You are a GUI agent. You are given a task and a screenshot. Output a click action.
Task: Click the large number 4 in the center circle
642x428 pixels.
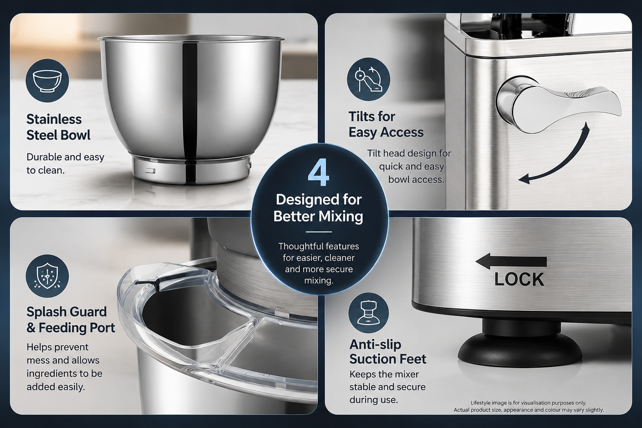[318, 174]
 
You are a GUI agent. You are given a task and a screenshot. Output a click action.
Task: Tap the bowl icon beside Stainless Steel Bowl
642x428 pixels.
[47, 81]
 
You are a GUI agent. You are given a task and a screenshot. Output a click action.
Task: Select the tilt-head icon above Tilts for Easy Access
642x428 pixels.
[369, 79]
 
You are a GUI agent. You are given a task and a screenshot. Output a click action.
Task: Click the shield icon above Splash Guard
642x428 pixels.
[47, 277]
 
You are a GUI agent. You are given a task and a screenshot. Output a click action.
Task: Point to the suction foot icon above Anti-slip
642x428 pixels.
[369, 313]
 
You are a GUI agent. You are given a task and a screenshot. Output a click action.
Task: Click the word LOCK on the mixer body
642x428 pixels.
[519, 279]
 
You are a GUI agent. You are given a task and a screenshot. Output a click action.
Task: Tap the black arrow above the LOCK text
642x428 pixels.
[511, 262]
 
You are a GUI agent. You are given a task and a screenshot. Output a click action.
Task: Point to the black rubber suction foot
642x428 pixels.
[519, 344]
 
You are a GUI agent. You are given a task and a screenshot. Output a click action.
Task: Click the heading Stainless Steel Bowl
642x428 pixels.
[58, 127]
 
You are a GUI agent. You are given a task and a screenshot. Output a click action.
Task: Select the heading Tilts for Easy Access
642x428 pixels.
[386, 125]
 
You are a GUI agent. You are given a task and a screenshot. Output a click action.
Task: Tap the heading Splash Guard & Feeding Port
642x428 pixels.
[71, 319]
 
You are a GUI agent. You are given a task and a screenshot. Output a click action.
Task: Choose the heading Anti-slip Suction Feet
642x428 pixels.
[388, 351]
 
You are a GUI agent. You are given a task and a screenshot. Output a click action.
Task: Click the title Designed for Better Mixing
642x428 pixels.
[318, 208]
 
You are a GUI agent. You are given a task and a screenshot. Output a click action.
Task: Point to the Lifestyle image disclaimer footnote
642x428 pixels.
[529, 407]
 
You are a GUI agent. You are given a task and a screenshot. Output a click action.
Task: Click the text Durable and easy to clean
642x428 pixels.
[65, 164]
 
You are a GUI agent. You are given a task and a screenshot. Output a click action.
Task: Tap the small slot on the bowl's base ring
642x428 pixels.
[150, 171]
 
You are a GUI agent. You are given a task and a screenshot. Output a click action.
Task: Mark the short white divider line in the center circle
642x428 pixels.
[319, 232]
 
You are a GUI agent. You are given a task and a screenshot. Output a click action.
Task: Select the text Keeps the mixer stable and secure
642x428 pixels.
[387, 380]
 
